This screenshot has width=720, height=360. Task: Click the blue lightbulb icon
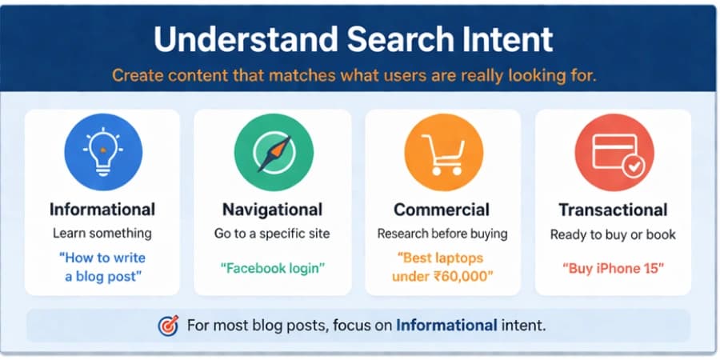pyautogui.click(x=102, y=152)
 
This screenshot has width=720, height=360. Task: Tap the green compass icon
pyautogui.click(x=273, y=152)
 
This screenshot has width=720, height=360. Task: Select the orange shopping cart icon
pyautogui.click(x=442, y=152)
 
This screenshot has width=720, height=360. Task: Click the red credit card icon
pyautogui.click(x=614, y=152)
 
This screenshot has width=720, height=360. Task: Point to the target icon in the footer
pyautogui.click(x=169, y=326)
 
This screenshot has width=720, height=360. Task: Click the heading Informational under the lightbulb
pyautogui.click(x=102, y=210)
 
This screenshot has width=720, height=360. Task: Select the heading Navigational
pyautogui.click(x=272, y=210)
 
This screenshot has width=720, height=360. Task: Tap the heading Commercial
pyautogui.click(x=442, y=210)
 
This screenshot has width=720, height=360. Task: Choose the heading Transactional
pyautogui.click(x=613, y=210)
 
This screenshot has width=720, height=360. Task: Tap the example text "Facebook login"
pyautogui.click(x=272, y=268)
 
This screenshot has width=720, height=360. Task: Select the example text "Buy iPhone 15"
pyautogui.click(x=613, y=268)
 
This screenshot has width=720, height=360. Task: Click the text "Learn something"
pyautogui.click(x=102, y=234)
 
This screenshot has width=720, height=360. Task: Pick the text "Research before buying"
pyautogui.click(x=442, y=234)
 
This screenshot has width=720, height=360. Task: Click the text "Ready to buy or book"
pyautogui.click(x=613, y=234)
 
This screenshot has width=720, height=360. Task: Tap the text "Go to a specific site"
pyautogui.click(x=272, y=234)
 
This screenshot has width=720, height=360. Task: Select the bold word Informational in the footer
pyautogui.click(x=446, y=326)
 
